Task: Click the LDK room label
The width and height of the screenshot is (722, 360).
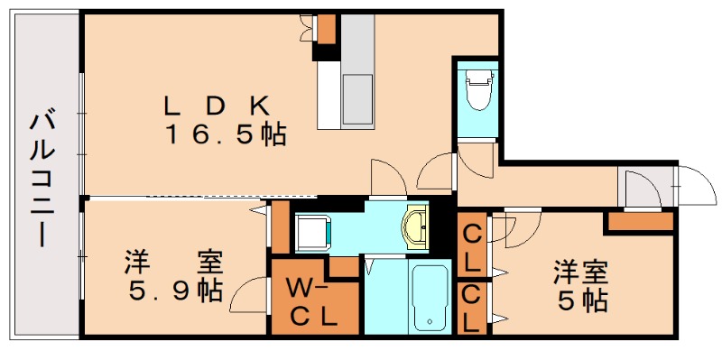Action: pyautogui.click(x=218, y=107)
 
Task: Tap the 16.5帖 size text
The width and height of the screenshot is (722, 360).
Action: pyautogui.click(x=226, y=135)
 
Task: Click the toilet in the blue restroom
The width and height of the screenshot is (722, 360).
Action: pyautogui.click(x=478, y=89)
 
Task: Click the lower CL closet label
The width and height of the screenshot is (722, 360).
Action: pyautogui.click(x=472, y=309)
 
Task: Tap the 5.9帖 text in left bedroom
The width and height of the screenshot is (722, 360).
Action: pyautogui.click(x=175, y=291)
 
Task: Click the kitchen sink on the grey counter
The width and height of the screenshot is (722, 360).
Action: pyautogui.click(x=357, y=98)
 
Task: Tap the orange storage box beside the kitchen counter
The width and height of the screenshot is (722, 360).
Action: pyautogui.click(x=327, y=29)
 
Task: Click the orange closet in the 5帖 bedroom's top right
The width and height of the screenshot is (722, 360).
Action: pyautogui.click(x=641, y=221)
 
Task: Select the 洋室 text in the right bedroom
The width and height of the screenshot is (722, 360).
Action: pyautogui.click(x=580, y=272)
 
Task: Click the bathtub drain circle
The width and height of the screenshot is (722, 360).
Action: pyautogui.click(x=430, y=321)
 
